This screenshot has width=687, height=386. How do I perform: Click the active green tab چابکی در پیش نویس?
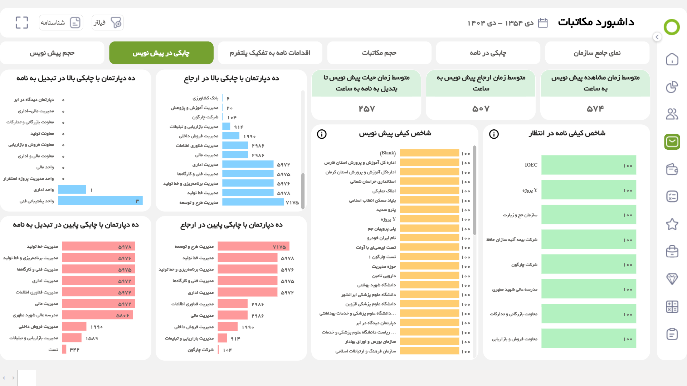click(161, 53)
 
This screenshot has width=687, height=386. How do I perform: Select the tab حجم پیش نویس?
click(52, 53)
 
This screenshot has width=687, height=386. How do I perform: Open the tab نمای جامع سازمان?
click(597, 53)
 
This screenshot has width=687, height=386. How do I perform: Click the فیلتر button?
click(108, 23)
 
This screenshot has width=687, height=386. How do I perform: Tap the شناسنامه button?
click(61, 23)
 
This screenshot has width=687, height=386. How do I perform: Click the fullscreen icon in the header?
click(22, 23)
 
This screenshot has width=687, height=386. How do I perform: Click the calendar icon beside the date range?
click(543, 23)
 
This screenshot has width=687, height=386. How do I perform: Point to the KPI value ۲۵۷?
click(366, 109)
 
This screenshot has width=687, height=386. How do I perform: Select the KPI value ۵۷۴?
click(595, 109)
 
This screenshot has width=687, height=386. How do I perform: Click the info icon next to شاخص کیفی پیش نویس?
click(322, 134)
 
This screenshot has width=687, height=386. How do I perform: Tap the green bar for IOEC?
click(589, 165)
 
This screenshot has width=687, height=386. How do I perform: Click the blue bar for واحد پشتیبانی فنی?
click(100, 201)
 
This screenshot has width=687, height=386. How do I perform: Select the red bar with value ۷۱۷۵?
click(253, 247)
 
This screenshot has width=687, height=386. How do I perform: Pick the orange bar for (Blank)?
click(429, 153)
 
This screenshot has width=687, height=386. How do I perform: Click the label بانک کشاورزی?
click(205, 98)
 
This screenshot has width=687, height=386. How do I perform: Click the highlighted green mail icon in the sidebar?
click(672, 142)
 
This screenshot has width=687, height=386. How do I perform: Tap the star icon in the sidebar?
click(672, 224)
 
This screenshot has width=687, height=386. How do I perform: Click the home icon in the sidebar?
click(672, 59)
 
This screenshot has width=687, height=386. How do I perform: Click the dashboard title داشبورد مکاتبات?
click(596, 22)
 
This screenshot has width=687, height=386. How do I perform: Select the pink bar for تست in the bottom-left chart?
click(64, 349)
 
